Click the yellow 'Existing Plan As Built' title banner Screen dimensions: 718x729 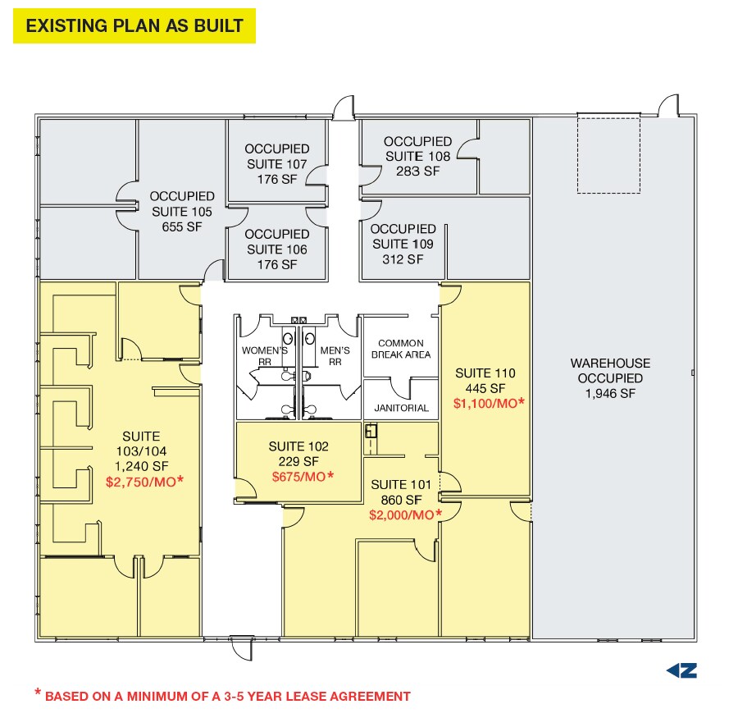click(x=134, y=26)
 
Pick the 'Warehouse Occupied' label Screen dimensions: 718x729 click(x=611, y=371)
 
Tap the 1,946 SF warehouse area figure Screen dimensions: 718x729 click(x=611, y=394)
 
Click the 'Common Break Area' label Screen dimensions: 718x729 click(x=401, y=349)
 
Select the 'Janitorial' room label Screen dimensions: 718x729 click(x=401, y=408)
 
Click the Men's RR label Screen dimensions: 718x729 click(x=335, y=355)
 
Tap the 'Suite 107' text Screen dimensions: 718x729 click(x=277, y=164)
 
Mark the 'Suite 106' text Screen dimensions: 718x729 click(x=277, y=249)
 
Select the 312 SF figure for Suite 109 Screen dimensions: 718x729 click(x=403, y=258)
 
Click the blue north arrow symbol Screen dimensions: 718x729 click(x=681, y=670)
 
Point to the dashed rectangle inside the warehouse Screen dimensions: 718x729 click(x=608, y=154)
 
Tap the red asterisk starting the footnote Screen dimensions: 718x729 click(x=37, y=694)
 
